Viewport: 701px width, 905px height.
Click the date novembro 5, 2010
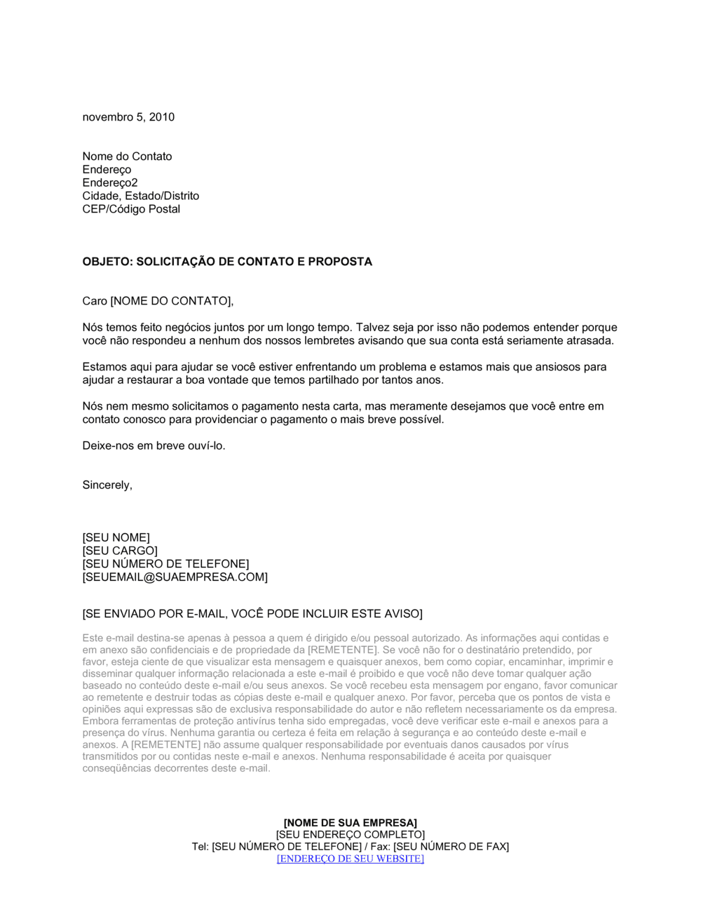coord(128,117)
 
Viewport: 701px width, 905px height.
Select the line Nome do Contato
coord(127,156)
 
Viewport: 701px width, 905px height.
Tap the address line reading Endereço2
coord(110,183)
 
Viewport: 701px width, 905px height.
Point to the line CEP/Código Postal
coord(131,209)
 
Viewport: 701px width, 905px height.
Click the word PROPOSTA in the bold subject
coord(341,262)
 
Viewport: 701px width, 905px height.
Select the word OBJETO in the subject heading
coord(105,262)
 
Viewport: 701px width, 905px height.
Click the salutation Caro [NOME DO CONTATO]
coord(158,301)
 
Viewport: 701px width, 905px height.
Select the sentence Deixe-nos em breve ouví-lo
coord(154,445)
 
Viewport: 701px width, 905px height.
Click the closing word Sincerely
coord(107,485)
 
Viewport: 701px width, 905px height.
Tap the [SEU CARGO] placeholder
coord(120,551)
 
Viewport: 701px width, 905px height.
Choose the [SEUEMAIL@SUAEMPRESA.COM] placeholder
coord(175,577)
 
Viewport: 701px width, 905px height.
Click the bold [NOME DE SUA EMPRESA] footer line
coord(350,822)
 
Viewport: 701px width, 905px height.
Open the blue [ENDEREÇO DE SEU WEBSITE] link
coord(350,859)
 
